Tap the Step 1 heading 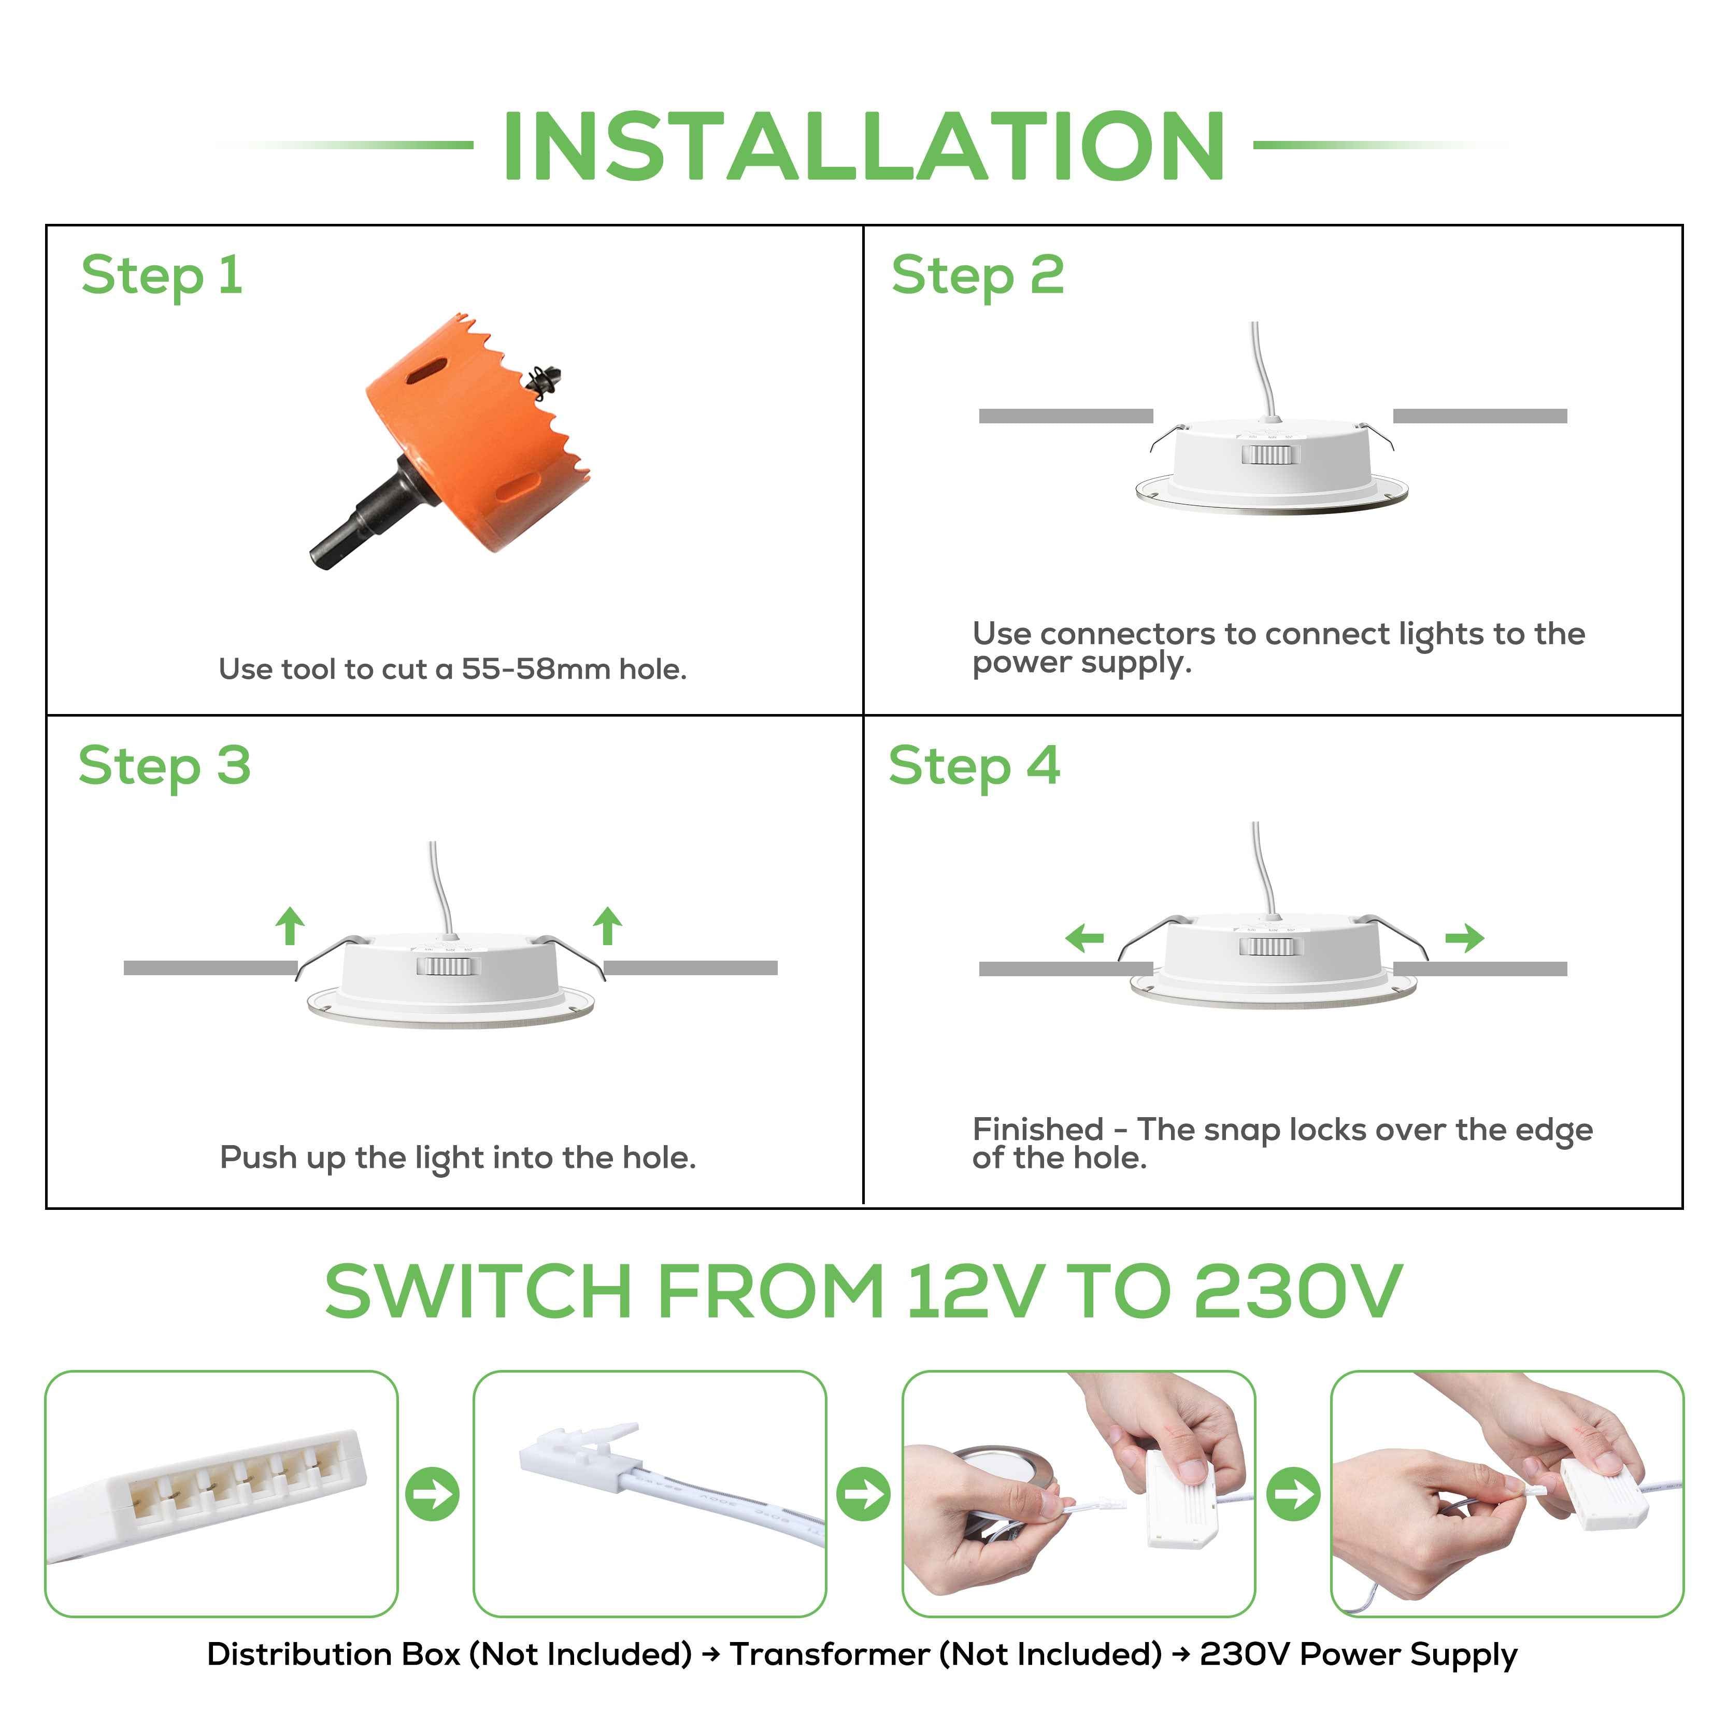162,275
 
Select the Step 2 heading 977,275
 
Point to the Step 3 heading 164,766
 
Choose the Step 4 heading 974,766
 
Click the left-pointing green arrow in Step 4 1084,938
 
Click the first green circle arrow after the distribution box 433,1494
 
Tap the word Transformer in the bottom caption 830,1654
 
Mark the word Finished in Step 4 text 1038,1130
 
